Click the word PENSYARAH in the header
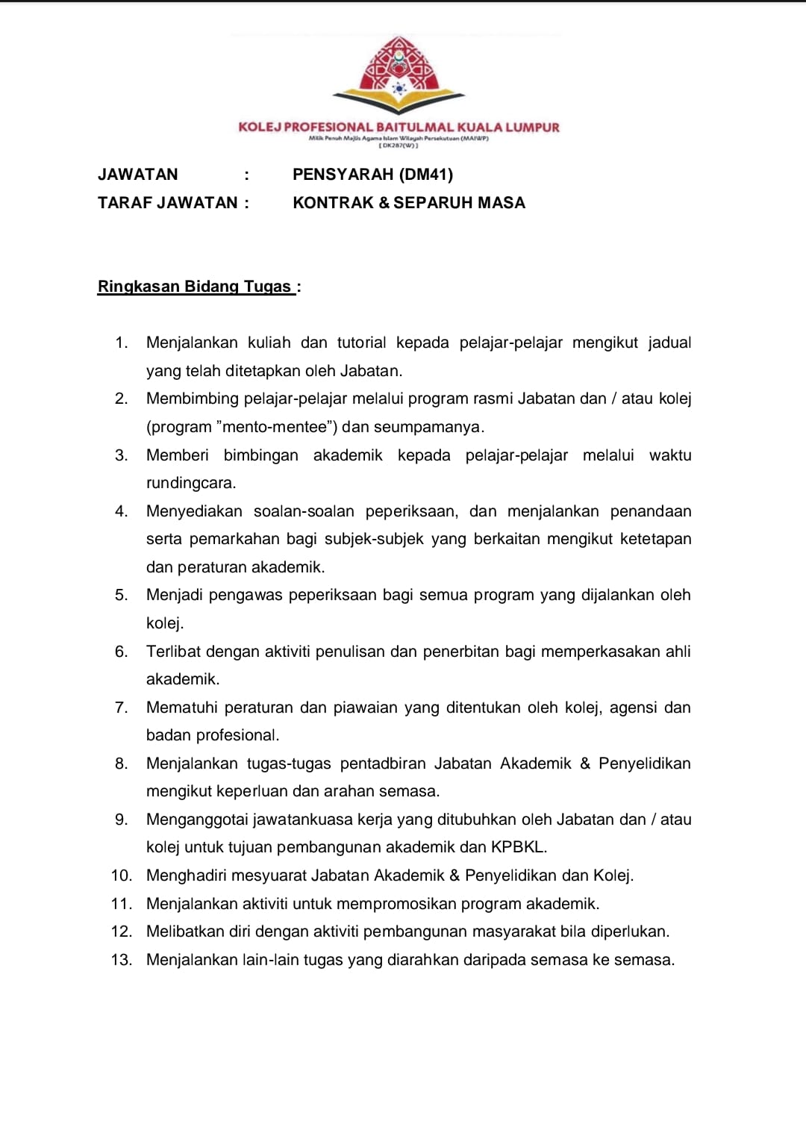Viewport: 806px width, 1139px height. (x=343, y=175)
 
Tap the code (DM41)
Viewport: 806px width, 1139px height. (x=426, y=175)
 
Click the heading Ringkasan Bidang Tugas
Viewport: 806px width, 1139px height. (x=195, y=287)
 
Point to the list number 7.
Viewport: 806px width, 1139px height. (x=121, y=708)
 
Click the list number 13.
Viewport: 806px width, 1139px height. (x=121, y=960)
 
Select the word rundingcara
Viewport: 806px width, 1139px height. (x=190, y=483)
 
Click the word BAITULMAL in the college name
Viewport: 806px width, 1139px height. (x=415, y=128)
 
